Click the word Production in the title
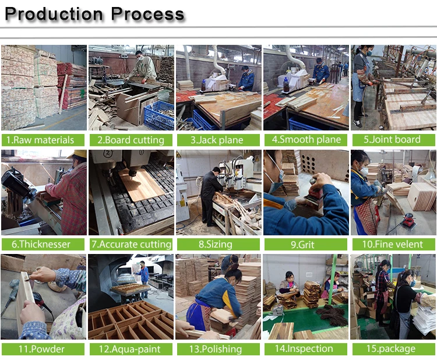click(x=54, y=14)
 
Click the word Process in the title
click(x=148, y=14)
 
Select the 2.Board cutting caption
click(x=131, y=140)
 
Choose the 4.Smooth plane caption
click(x=306, y=140)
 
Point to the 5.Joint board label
click(x=393, y=140)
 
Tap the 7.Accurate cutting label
click(x=131, y=244)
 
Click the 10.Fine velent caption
click(x=393, y=244)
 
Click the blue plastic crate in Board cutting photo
click(x=159, y=115)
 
